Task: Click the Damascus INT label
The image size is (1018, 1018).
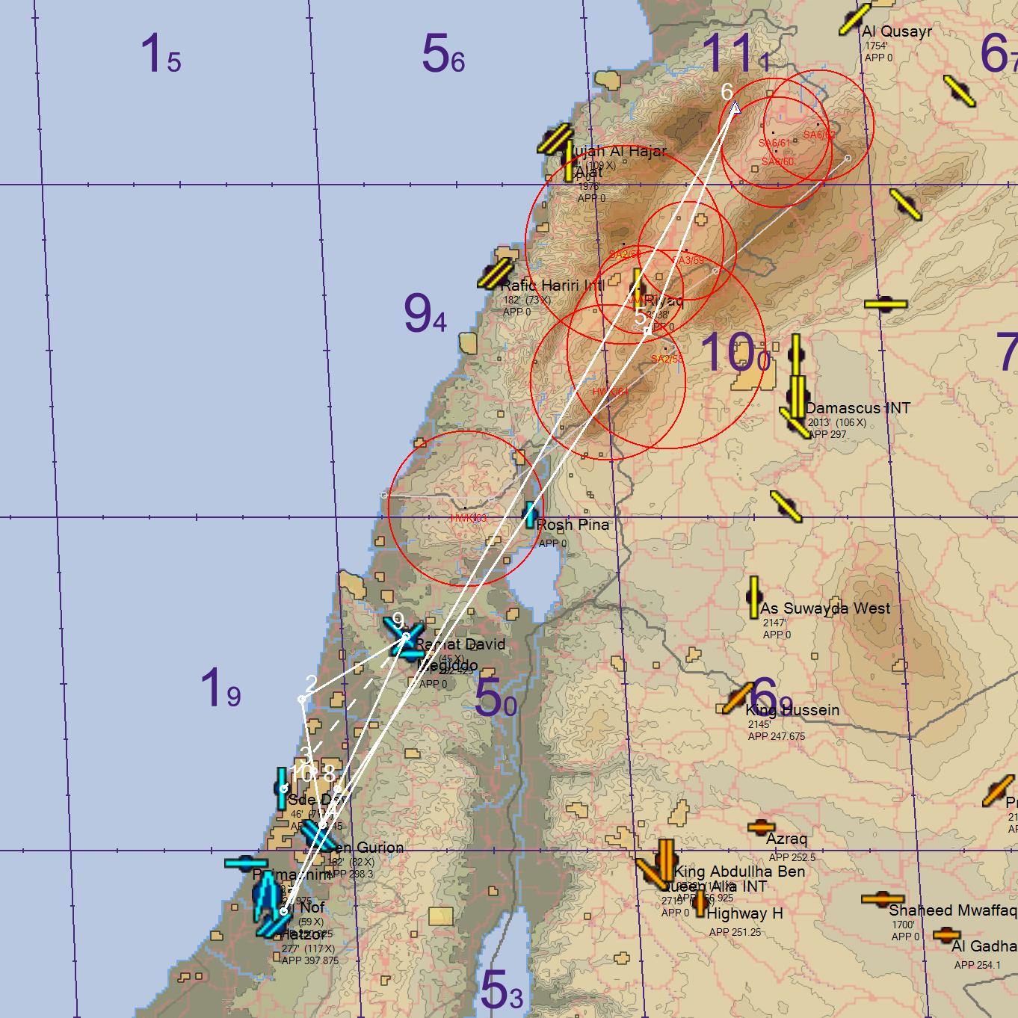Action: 857,408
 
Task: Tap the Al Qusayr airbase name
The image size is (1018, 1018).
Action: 896,31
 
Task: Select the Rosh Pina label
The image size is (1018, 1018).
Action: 573,525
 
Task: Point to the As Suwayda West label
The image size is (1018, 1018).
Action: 825,608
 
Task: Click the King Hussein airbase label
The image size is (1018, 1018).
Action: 792,710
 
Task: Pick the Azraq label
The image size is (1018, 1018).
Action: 786,839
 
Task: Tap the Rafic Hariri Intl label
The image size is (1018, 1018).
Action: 552,285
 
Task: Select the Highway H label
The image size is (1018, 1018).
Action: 744,913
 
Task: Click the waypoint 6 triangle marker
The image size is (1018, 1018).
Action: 735,108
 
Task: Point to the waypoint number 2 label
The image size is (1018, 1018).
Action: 311,683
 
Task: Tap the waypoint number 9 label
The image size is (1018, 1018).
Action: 398,620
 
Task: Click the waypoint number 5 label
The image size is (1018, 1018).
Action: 641,315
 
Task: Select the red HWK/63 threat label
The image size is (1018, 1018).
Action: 469,518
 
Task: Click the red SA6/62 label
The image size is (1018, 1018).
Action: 819,135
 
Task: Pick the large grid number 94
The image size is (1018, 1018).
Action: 425,314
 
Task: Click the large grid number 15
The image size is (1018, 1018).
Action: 160,55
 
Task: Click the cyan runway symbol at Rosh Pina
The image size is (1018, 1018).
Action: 530,515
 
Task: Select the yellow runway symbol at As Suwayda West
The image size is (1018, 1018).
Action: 753,596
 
